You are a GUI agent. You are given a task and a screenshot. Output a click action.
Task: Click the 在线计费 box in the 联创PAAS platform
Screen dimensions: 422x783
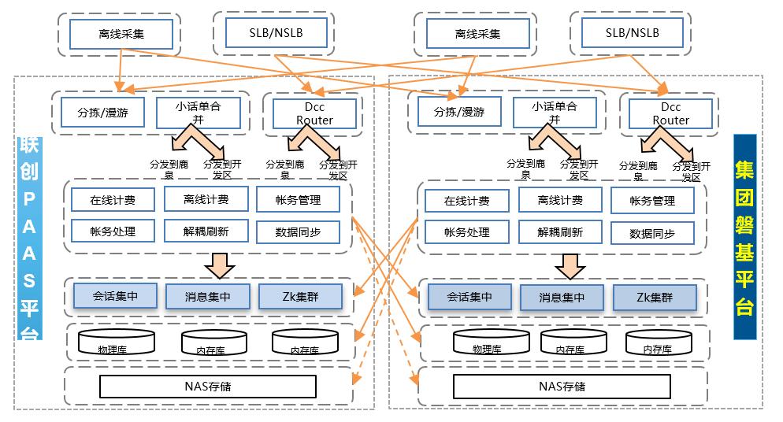click(113, 200)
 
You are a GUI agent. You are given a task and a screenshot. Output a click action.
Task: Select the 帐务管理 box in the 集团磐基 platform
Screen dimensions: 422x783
click(651, 201)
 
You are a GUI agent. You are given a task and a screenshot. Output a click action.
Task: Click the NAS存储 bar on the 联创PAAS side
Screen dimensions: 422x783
click(208, 387)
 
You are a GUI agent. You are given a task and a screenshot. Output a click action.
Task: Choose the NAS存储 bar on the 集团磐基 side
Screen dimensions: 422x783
click(562, 387)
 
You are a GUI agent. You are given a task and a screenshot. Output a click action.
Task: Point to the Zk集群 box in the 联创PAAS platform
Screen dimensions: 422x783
click(300, 296)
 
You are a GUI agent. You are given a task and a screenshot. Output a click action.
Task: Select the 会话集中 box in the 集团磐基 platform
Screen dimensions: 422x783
click(469, 297)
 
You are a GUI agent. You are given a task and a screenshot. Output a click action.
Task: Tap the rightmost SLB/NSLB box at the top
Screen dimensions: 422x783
click(633, 33)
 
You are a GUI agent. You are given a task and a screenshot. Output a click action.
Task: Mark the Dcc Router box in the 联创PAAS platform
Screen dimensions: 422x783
click(314, 113)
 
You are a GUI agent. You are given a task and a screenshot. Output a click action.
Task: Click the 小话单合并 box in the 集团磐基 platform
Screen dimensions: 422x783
click(554, 113)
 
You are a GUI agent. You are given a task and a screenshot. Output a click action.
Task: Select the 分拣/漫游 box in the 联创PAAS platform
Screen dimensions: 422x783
click(98, 113)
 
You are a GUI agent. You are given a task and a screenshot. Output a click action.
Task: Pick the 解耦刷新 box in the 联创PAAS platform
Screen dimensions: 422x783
click(206, 231)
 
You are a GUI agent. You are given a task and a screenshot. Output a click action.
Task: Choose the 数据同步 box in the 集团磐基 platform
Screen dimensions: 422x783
click(651, 233)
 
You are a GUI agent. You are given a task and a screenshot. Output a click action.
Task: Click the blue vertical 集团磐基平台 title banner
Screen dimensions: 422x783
click(744, 236)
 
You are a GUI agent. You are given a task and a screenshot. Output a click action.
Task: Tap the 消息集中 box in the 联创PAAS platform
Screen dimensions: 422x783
click(206, 296)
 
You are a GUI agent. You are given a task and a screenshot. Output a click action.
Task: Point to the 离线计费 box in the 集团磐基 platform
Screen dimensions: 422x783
click(560, 200)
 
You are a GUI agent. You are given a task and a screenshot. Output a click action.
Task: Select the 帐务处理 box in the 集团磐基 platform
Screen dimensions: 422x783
click(466, 232)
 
